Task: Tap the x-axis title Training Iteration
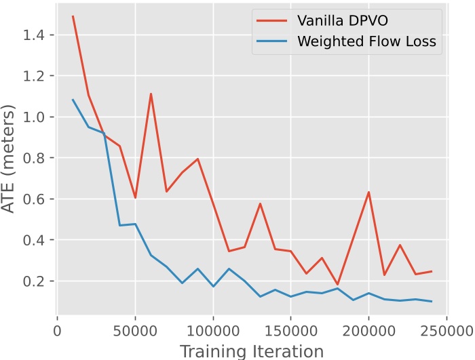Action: pos(252,351)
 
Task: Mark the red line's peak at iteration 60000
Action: pos(151,94)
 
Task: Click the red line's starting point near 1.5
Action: pos(73,16)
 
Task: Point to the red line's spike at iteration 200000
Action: pos(368,192)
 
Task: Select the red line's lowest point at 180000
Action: pos(337,285)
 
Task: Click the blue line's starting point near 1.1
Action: pos(73,100)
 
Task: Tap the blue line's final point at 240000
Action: pos(431,301)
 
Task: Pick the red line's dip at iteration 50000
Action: pos(135,197)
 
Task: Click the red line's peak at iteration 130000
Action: pos(260,203)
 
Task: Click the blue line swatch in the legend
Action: pos(269,42)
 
